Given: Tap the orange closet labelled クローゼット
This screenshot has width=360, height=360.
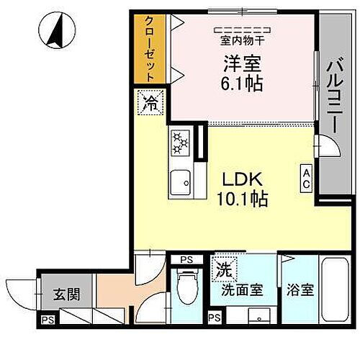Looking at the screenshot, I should click(149, 48).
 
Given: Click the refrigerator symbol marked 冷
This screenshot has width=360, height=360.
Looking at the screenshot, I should click(151, 102).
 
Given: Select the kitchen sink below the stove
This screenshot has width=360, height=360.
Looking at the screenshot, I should click(180, 184).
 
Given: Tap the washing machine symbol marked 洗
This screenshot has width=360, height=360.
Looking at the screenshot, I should click(222, 271).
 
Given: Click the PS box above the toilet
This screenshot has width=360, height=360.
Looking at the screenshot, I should click(186, 261).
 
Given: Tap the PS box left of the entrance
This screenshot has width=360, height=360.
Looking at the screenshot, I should click(48, 320).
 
